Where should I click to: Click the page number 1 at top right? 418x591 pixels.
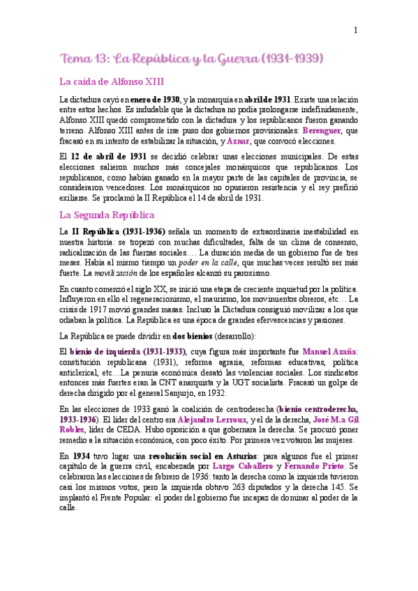[356, 30]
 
